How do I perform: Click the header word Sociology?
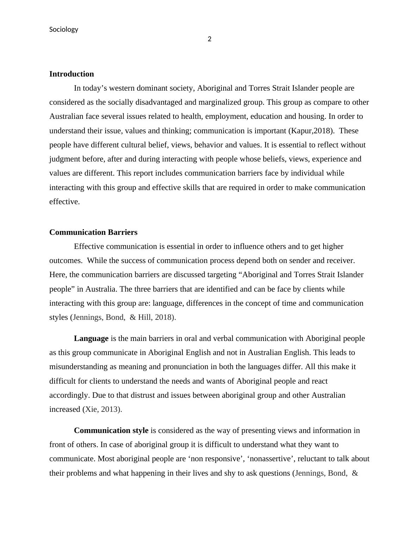pos(64,29)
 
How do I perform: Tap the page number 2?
pos(210,39)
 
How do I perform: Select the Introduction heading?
pos(71,74)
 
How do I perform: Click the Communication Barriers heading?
pos(93,232)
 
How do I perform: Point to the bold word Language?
pos(91,338)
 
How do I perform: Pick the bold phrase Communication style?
pos(111,431)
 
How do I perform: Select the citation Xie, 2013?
pos(102,409)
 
